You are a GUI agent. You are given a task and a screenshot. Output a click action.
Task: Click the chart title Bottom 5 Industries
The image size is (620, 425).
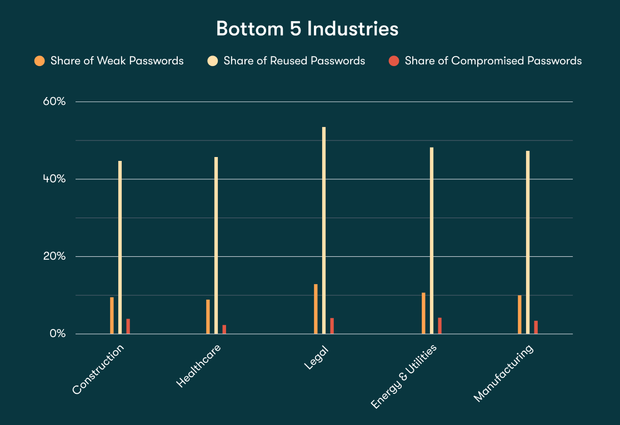307,29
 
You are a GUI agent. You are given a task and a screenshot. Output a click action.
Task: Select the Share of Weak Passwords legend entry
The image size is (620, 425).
117,61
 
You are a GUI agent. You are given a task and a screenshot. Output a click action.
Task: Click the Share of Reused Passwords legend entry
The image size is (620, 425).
294,61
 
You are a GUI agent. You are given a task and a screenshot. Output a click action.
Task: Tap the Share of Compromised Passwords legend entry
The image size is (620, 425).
493,61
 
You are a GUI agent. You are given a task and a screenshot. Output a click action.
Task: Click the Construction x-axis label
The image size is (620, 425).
98,370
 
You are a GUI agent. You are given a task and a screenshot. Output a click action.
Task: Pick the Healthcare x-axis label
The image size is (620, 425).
198,366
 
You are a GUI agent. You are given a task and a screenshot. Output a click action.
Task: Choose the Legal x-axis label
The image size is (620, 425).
316,358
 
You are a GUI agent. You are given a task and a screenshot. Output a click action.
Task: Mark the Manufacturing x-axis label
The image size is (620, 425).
503,373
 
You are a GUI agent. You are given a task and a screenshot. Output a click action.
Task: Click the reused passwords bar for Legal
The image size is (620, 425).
324,230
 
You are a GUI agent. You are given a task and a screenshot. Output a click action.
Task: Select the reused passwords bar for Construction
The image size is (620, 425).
120,247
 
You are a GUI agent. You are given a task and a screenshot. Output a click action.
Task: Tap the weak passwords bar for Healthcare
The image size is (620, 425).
208,317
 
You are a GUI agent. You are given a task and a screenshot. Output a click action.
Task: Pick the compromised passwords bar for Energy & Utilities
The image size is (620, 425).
439,326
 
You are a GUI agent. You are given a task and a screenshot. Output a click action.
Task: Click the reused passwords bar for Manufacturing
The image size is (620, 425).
528,242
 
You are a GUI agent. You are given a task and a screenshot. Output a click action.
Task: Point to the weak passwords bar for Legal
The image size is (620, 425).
316,309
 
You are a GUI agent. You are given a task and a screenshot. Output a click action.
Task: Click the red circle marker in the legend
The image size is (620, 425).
394,61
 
